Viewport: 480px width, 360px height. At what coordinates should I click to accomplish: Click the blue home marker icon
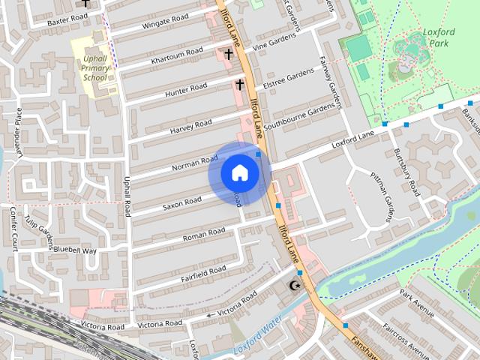[x=239, y=173]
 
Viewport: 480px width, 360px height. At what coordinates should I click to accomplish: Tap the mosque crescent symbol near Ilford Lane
[x=295, y=286]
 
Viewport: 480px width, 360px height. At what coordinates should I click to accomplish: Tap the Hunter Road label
[x=186, y=88]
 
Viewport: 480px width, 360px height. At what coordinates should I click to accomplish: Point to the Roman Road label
[x=205, y=234]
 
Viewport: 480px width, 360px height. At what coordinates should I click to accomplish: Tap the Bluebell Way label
[x=75, y=250]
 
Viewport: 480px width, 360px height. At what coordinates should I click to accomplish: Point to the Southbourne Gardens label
[x=302, y=115]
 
